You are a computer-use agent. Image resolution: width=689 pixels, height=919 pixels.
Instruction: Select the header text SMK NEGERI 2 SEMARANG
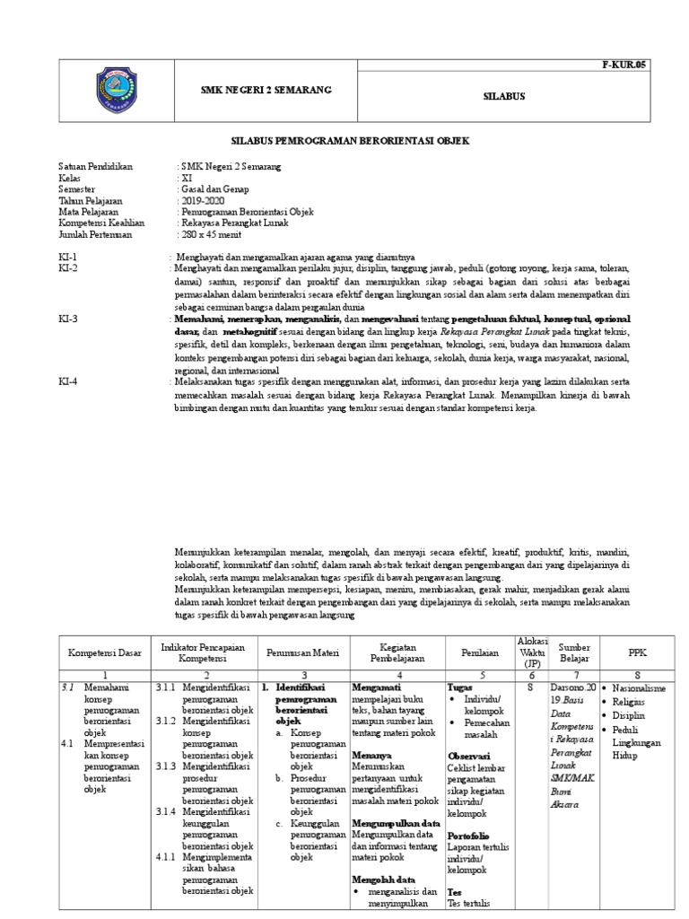click(x=265, y=90)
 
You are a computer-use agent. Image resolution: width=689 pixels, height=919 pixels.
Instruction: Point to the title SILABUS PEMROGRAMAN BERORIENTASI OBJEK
click(x=350, y=142)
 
